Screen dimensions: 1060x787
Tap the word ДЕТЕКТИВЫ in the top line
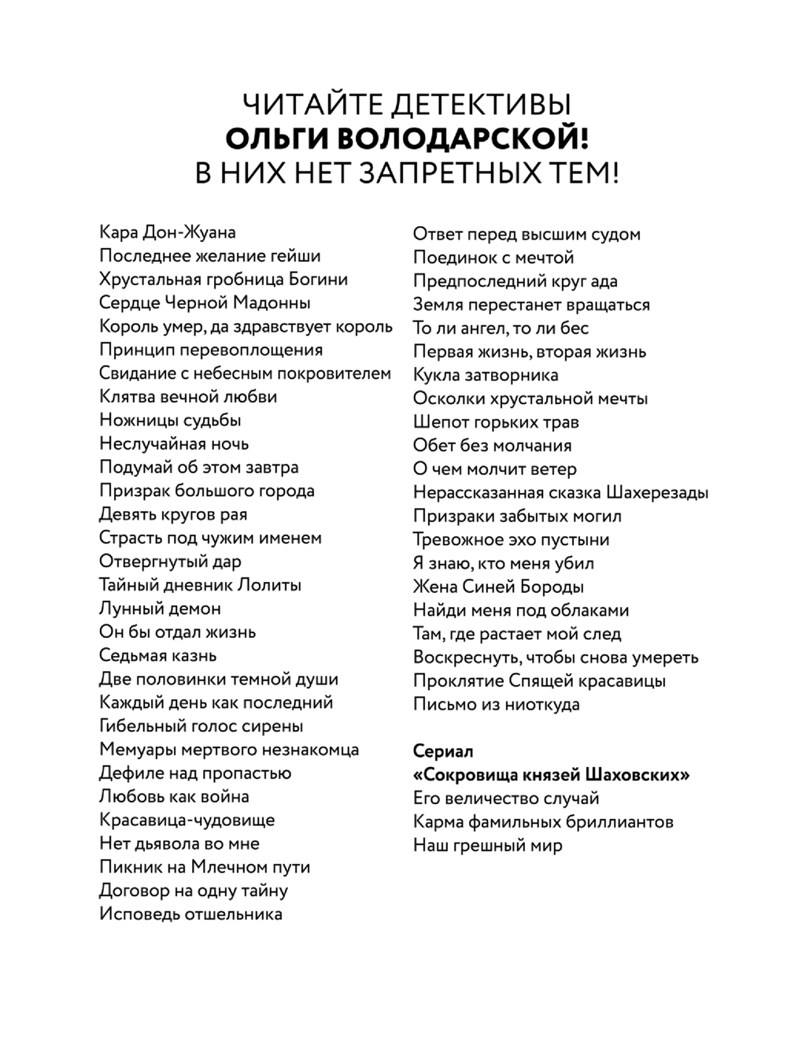pyautogui.click(x=481, y=105)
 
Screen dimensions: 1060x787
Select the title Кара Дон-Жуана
pyautogui.click(x=168, y=232)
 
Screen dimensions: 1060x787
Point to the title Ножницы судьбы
pyautogui.click(x=170, y=421)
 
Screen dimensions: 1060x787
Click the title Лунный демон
pyautogui.click(x=160, y=609)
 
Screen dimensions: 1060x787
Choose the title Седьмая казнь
pyautogui.click(x=157, y=655)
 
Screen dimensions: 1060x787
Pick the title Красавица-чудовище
pyautogui.click(x=187, y=820)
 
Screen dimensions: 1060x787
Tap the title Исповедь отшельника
pyautogui.click(x=190, y=914)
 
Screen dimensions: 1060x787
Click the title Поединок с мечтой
pyautogui.click(x=493, y=258)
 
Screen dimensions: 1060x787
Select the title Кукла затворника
pyautogui.click(x=486, y=375)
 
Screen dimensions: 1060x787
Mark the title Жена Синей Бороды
pyautogui.click(x=498, y=587)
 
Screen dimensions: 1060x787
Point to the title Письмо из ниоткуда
pyautogui.click(x=496, y=704)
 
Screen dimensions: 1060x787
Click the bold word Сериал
pyautogui.click(x=443, y=751)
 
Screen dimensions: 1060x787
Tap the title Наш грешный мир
pyautogui.click(x=488, y=846)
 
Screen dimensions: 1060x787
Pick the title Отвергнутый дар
pyautogui.click(x=170, y=562)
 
